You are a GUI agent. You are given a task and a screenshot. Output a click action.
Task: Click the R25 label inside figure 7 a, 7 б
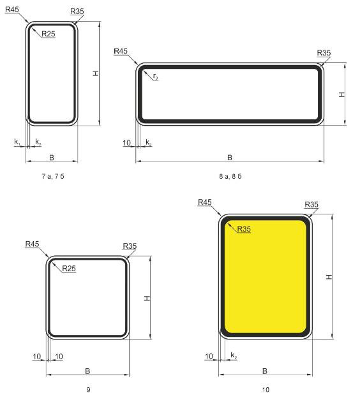[x=49, y=34]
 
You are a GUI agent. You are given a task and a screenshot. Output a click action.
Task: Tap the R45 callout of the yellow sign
[x=204, y=202]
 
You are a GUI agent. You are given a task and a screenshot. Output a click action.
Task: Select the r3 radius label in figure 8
[x=156, y=77]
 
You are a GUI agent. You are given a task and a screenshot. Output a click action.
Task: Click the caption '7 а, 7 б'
[x=53, y=176]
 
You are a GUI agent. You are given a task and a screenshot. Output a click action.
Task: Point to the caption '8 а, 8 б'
[x=230, y=176]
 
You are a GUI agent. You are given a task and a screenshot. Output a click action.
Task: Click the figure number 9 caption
[x=88, y=390]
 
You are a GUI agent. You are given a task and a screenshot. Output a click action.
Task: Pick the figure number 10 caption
[x=266, y=390]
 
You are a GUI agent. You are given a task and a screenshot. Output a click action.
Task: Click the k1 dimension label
[x=17, y=142]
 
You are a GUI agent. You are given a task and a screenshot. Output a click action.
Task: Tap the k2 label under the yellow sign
[x=234, y=355]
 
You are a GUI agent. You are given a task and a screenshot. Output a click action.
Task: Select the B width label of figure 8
[x=230, y=158]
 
